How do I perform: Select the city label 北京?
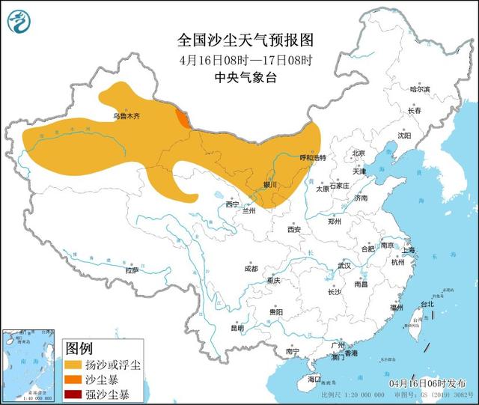tap(358, 153)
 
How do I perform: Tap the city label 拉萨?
tap(132, 270)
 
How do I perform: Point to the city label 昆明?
tap(237, 327)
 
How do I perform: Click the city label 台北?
tap(426, 305)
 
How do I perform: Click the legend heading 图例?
tap(79, 348)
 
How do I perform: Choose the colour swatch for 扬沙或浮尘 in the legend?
tap(75, 365)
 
